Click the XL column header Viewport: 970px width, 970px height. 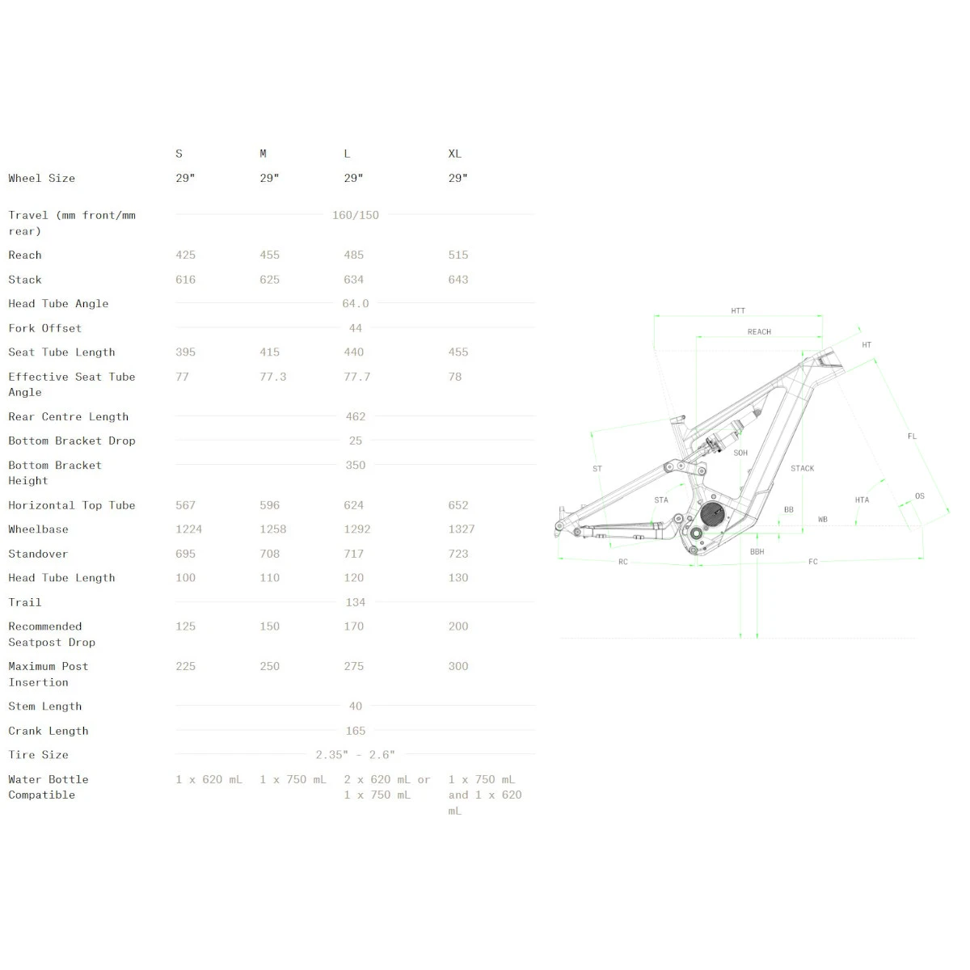click(x=455, y=154)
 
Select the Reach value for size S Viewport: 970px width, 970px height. click(x=185, y=255)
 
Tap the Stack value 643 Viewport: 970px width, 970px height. click(x=458, y=280)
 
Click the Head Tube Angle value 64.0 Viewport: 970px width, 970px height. click(x=356, y=304)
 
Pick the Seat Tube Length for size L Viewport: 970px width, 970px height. click(x=353, y=352)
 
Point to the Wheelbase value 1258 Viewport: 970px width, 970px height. click(x=273, y=529)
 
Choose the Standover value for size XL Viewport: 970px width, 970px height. click(x=458, y=554)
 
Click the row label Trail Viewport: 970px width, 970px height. click(x=25, y=602)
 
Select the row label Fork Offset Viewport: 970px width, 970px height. click(x=45, y=328)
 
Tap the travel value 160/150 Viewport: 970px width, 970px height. click(x=356, y=215)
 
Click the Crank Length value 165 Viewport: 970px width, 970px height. click(x=356, y=731)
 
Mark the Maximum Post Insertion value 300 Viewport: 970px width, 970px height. click(x=458, y=666)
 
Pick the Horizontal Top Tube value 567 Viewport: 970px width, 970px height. click(x=185, y=505)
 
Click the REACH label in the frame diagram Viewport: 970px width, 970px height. click(x=759, y=331)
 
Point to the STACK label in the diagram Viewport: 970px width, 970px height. click(x=803, y=468)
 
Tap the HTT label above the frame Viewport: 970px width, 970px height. click(x=738, y=310)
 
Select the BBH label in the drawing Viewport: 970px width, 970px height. click(x=757, y=552)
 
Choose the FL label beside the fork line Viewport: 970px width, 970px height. click(x=912, y=436)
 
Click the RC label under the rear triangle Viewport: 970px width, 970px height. click(x=622, y=562)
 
